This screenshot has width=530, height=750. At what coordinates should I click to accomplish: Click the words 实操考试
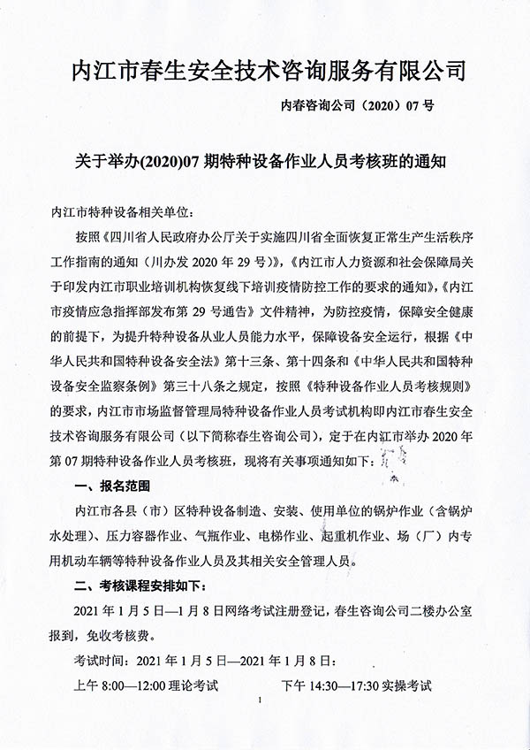pyautogui.click(x=402, y=685)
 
